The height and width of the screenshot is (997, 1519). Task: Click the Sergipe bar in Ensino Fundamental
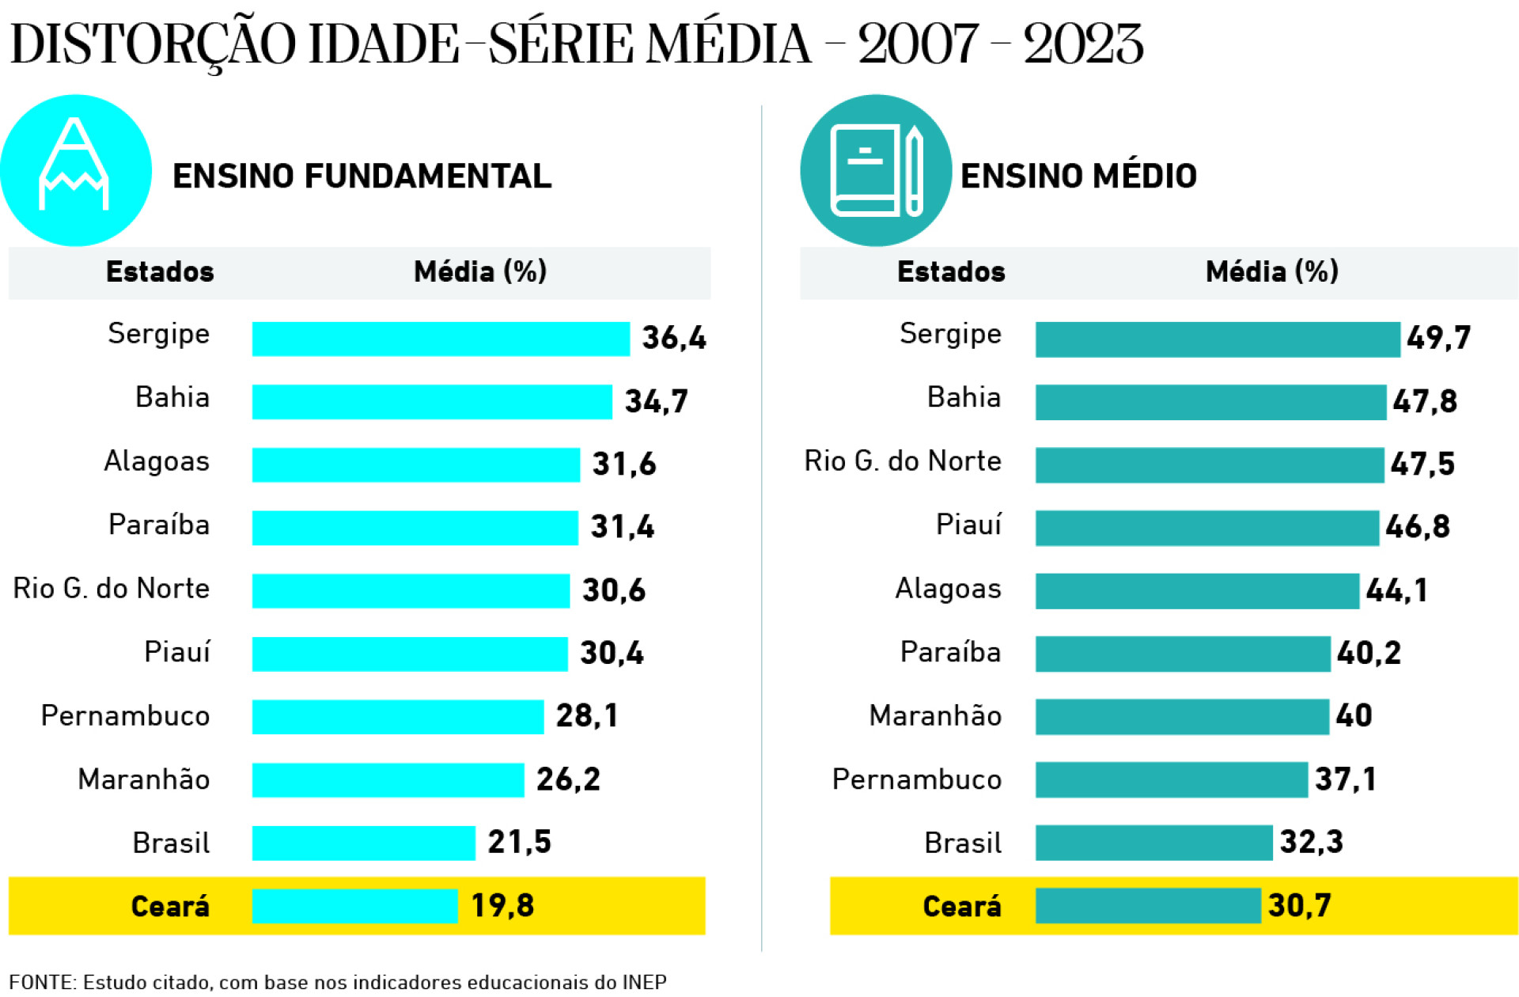point(441,339)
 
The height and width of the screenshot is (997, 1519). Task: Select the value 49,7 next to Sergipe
point(1438,338)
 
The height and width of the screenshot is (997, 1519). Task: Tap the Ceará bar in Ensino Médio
point(1147,905)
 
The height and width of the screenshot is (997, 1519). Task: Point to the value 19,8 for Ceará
point(502,905)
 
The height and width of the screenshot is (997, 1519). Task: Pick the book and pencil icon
point(876,170)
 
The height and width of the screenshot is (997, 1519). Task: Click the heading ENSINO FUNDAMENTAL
point(362,176)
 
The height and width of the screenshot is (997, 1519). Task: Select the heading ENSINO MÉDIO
point(1078,176)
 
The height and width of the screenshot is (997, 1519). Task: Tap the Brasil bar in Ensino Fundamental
point(363,843)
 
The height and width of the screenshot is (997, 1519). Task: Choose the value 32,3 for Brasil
point(1311,842)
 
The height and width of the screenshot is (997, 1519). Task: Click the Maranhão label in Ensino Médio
point(934,716)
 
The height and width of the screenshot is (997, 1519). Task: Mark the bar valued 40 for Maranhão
point(1181,716)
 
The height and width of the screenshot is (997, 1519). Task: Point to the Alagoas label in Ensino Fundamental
point(157,461)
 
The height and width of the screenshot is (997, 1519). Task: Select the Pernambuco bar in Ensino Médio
point(1171,779)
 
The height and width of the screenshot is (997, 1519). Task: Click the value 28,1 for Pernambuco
point(586,716)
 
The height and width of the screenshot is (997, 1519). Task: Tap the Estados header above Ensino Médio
point(950,272)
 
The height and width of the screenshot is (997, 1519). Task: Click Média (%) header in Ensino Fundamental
point(480,272)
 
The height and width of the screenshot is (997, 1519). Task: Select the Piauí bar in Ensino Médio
point(1206,528)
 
